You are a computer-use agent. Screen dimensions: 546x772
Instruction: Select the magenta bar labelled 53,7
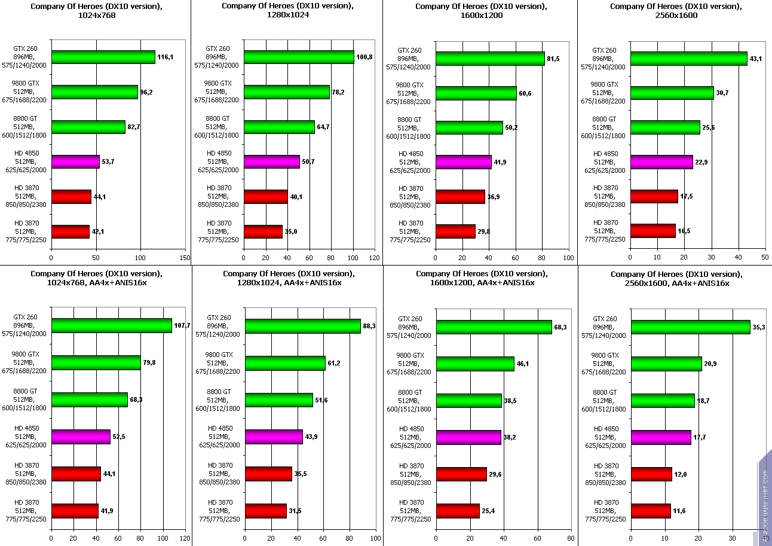pos(75,162)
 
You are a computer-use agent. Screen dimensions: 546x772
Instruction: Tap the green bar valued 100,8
pos(299,57)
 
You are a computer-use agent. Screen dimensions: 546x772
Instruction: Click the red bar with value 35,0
pos(263,231)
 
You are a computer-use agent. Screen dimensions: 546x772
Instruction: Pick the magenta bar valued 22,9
pos(661,162)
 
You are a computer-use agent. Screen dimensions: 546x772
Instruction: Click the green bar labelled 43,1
pos(688,58)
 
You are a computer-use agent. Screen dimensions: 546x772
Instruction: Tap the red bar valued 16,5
pos(652,231)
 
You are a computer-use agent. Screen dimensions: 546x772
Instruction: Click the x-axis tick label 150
pos(185,258)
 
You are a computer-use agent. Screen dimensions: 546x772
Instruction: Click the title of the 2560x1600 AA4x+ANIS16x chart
pos(676,279)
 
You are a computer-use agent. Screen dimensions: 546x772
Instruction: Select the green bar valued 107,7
pos(111,325)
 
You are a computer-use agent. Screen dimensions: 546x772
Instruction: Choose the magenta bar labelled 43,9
pos(274,437)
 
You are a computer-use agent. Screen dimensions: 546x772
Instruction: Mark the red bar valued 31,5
pos(266,511)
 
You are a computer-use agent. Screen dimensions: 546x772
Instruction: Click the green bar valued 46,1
pos(475,364)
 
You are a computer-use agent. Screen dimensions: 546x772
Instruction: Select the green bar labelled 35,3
pos(690,327)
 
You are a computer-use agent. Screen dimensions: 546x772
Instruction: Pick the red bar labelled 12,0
pos(651,474)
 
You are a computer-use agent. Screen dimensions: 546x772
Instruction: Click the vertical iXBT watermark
pos(765,502)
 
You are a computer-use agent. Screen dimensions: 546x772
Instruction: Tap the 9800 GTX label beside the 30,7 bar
pos(604,93)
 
